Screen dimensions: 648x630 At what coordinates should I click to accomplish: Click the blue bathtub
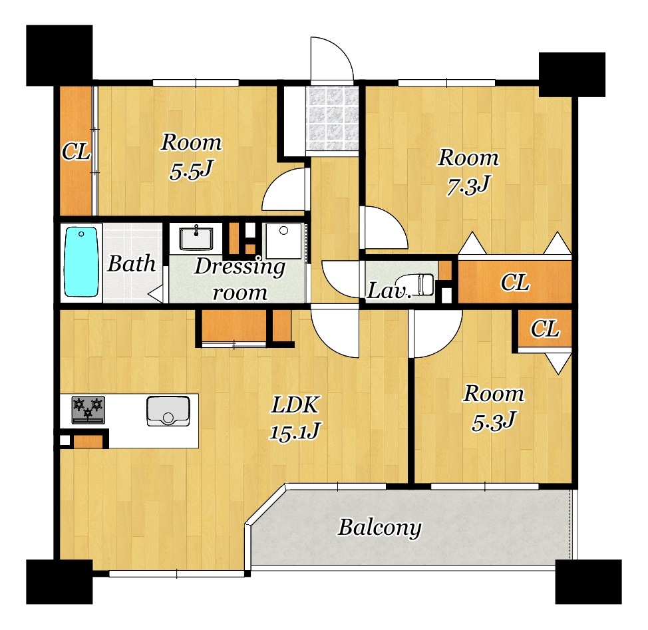81,261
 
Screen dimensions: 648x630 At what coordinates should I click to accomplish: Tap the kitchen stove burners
88,410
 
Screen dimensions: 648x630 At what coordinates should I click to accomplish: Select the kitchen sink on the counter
168,411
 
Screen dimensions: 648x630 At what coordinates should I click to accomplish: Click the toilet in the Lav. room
426,284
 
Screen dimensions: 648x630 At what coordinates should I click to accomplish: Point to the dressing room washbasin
196,239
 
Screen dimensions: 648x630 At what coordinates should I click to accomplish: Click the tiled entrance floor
332,118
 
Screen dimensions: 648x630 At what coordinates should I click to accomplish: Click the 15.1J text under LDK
294,432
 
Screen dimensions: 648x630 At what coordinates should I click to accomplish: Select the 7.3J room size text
468,186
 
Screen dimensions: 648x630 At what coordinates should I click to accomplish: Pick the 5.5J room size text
191,170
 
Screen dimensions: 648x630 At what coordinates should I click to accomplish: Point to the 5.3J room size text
494,422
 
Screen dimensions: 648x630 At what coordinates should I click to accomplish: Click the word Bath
132,263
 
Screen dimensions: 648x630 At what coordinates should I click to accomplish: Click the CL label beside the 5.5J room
76,152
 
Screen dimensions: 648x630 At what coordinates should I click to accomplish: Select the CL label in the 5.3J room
545,329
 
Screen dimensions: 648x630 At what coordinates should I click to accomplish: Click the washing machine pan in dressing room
283,241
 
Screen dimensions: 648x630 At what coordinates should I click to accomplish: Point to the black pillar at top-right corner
572,75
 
